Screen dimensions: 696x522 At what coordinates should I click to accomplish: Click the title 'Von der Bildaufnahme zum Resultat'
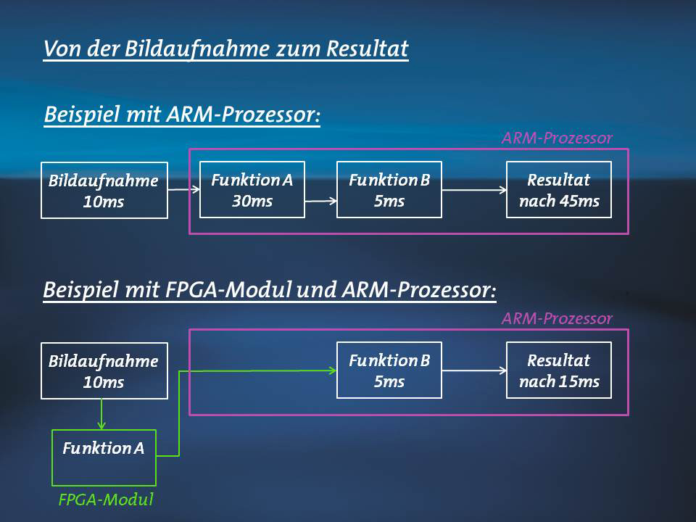point(226,49)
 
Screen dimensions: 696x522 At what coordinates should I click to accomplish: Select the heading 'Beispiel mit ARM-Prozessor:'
point(182,115)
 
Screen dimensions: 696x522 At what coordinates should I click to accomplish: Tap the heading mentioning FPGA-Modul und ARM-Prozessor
point(270,291)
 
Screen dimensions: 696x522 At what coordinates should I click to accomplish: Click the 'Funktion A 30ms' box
point(252,189)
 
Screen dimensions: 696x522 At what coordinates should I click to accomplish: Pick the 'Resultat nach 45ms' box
point(559,189)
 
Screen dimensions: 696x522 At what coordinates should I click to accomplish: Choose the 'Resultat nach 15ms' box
point(559,370)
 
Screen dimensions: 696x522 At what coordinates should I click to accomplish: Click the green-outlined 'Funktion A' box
point(104,457)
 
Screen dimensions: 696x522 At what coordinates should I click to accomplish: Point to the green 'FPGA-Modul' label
point(106,500)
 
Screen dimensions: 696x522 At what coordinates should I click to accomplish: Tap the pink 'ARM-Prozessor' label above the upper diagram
point(557,138)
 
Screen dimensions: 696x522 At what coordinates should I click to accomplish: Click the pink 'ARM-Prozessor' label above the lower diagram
point(557,318)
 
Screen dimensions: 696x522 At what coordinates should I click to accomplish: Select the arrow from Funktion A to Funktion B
point(320,201)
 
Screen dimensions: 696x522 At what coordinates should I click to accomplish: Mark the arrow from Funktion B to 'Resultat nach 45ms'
point(474,190)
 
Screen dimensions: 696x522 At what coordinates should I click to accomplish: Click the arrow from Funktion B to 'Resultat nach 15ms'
point(474,370)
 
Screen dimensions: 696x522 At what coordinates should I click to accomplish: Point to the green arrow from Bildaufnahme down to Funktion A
point(101,414)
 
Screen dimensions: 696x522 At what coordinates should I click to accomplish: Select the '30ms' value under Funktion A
point(252,201)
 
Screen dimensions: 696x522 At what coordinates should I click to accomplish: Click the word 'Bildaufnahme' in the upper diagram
point(104,181)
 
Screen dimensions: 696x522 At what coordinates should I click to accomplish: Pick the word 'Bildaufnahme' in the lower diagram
point(104,362)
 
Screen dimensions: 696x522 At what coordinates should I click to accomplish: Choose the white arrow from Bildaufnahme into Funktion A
point(183,189)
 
